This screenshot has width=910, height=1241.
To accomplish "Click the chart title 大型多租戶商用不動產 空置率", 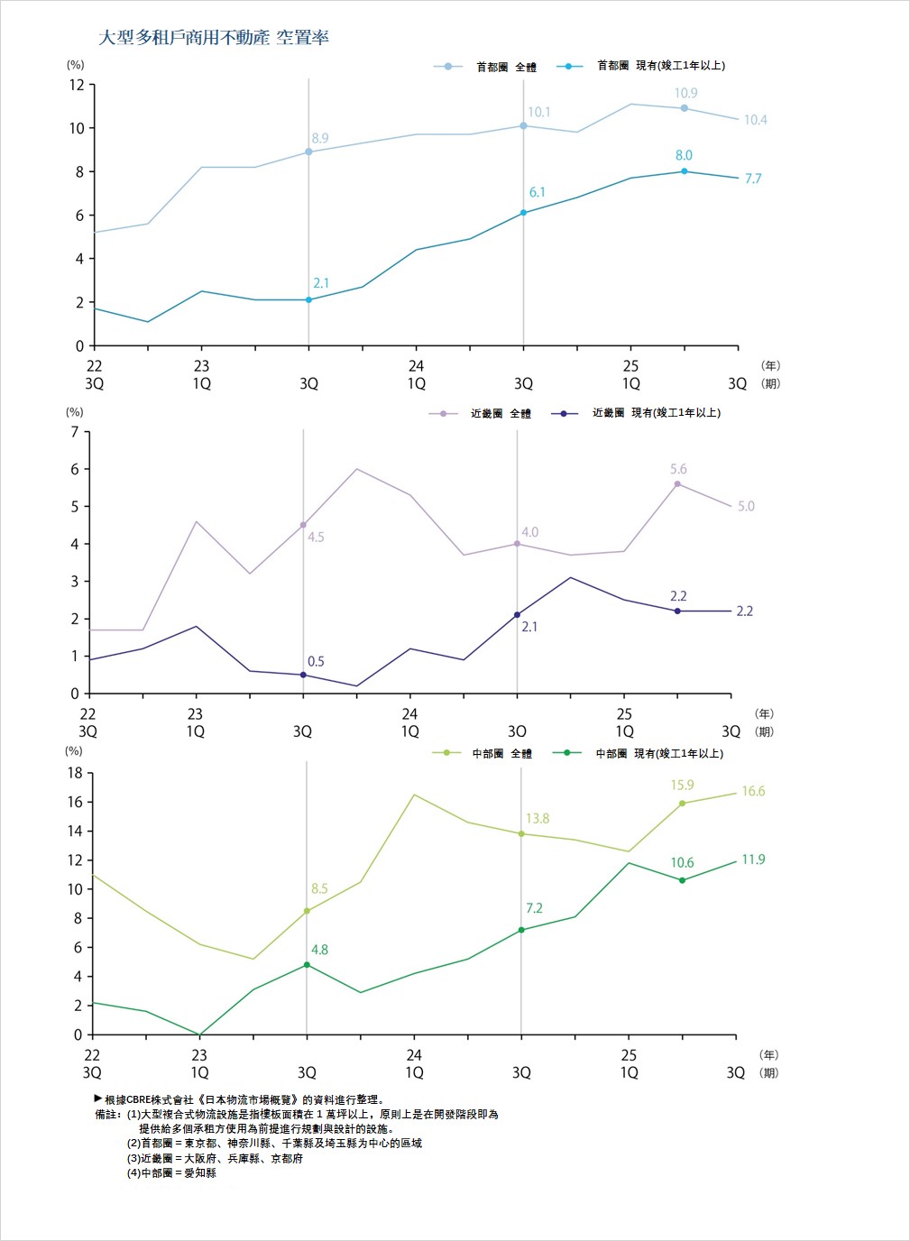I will click(x=214, y=38).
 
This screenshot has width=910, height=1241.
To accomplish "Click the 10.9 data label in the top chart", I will click(x=685, y=93).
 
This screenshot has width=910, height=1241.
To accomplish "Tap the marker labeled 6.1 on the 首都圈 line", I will click(x=523, y=213).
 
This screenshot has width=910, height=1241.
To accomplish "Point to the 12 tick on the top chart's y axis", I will click(x=77, y=85).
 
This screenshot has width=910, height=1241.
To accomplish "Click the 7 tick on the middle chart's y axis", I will click(x=75, y=431).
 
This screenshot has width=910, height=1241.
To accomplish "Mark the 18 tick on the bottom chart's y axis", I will click(x=74, y=773).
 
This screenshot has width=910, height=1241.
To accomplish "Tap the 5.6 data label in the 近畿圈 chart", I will click(x=678, y=469).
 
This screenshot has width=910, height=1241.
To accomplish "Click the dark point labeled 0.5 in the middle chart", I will click(x=303, y=675).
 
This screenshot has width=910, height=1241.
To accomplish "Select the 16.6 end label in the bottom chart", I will click(x=753, y=791).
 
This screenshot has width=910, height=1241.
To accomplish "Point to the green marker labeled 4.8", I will click(x=307, y=965).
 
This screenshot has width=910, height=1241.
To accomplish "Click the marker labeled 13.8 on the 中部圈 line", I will click(x=521, y=834).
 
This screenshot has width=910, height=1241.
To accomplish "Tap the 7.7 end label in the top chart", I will click(x=753, y=179).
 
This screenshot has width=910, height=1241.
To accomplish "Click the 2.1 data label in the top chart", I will click(x=321, y=283).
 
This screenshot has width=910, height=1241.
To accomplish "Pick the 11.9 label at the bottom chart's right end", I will click(x=753, y=860).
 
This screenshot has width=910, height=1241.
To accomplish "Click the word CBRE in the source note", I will click(x=142, y=1100).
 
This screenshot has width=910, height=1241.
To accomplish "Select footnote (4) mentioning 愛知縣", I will click(x=171, y=1173).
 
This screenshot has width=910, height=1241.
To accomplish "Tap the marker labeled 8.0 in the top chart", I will click(x=684, y=171).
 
